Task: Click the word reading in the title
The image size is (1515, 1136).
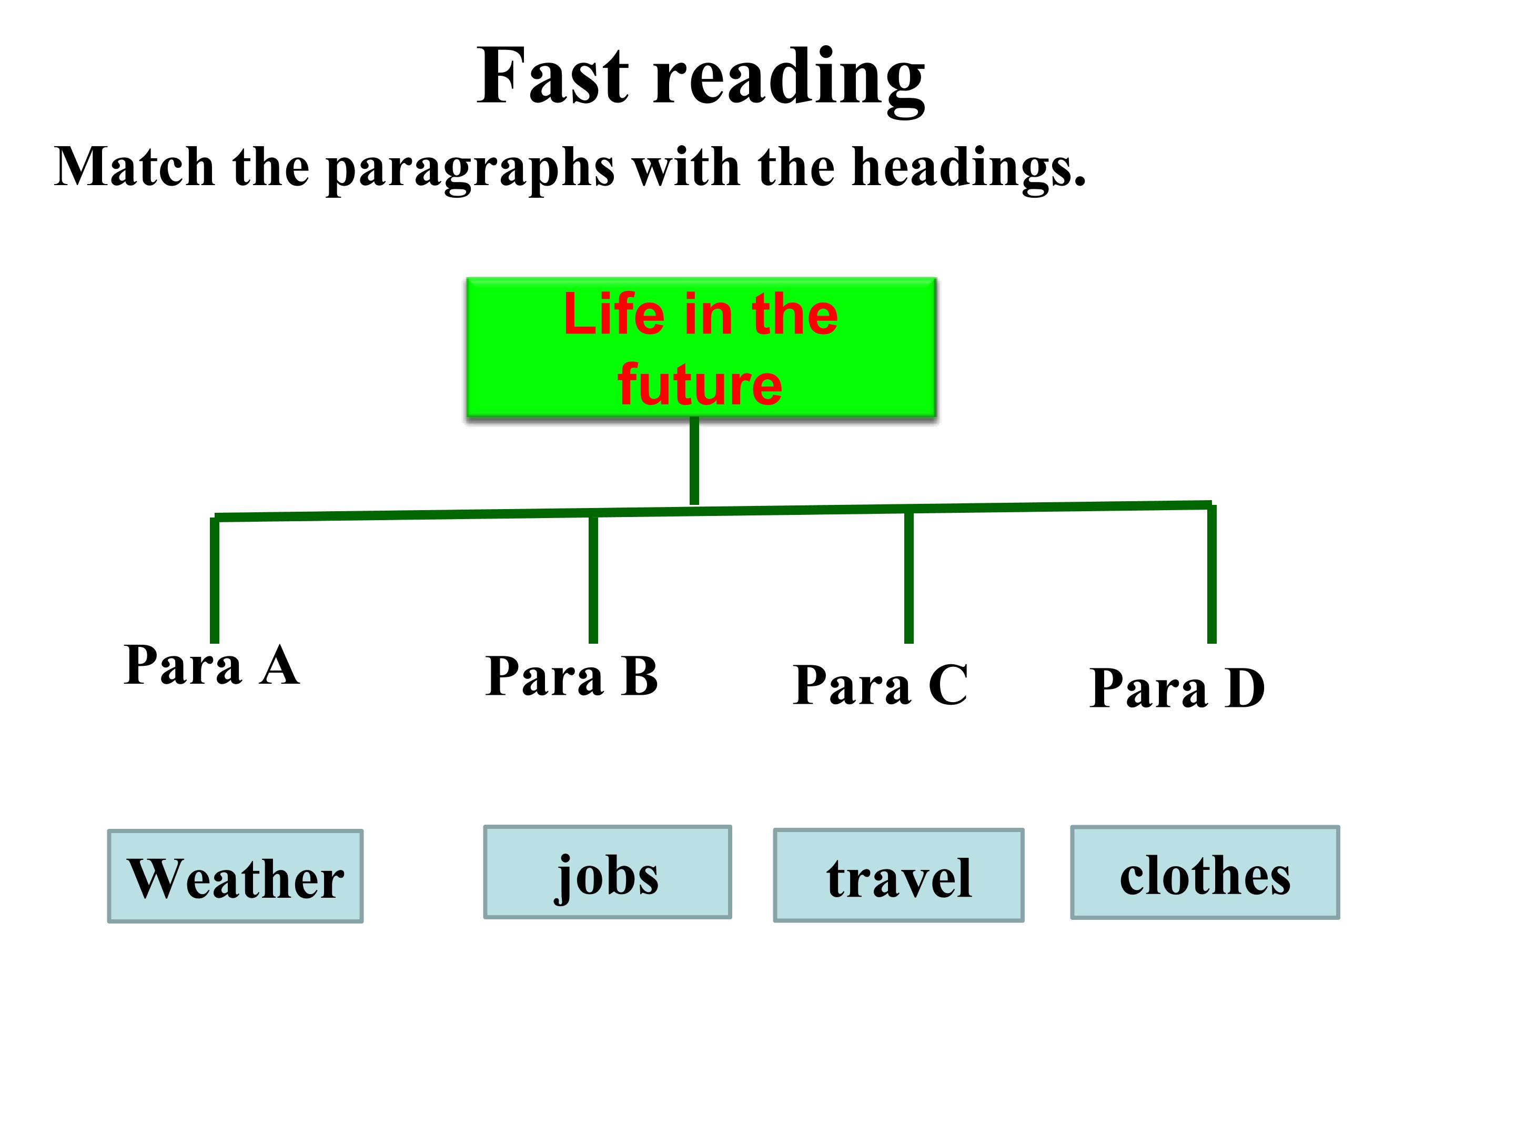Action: [x=789, y=81]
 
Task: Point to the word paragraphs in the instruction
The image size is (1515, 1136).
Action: [x=470, y=170]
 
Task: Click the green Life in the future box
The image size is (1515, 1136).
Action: [x=701, y=348]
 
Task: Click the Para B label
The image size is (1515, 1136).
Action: [x=572, y=676]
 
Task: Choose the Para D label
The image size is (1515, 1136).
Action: [x=1177, y=687]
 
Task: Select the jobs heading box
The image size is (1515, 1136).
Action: [x=608, y=871]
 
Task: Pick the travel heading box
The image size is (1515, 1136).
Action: [x=898, y=875]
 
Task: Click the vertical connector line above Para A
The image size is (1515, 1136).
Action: [x=215, y=581]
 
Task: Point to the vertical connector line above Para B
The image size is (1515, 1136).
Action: [x=593, y=579]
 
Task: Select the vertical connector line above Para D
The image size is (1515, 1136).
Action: [x=1211, y=574]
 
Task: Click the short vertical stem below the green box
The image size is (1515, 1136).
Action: [x=694, y=461]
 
